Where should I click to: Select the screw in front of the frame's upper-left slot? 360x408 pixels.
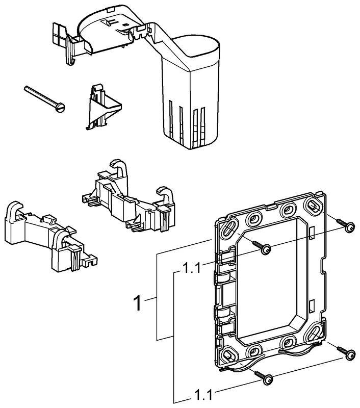(265, 248)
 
